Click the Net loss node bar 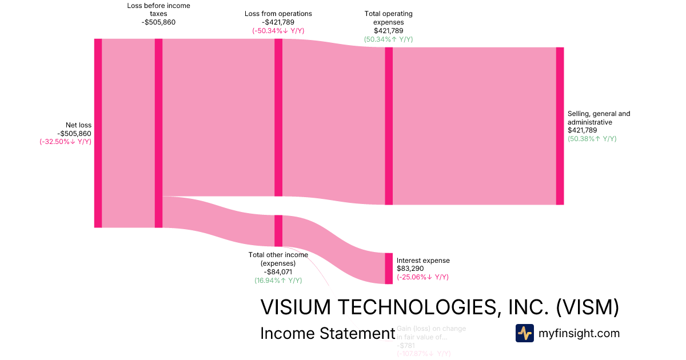[x=98, y=133]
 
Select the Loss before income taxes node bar [x=158, y=133]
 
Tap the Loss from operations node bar [x=278, y=117]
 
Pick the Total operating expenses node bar [x=389, y=126]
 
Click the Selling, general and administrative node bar [x=560, y=126]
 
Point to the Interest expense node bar [x=389, y=268]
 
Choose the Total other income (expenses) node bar [x=278, y=230]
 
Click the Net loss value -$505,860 [x=74, y=134]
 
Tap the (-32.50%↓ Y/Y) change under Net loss [x=65, y=142]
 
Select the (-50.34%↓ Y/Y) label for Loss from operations [x=278, y=31]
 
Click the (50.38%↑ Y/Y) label [x=592, y=139]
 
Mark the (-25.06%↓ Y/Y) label [x=422, y=277]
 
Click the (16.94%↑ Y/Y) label [x=278, y=281]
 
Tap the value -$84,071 [x=278, y=272]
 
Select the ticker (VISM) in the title [x=588, y=307]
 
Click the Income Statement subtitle [x=327, y=333]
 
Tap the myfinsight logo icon [x=524, y=333]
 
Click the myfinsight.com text [x=579, y=333]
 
